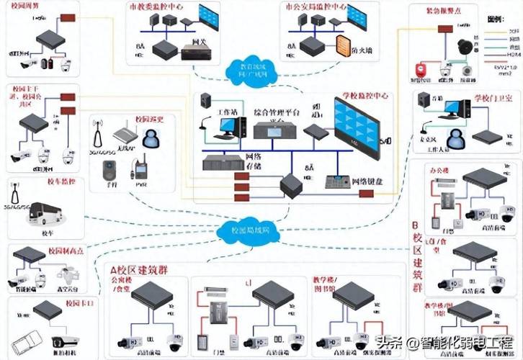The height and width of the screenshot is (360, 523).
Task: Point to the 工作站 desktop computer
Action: [x=228, y=127]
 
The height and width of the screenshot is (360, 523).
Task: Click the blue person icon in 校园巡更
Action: [x=151, y=136]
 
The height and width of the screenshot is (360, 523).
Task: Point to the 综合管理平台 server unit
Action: [x=271, y=130]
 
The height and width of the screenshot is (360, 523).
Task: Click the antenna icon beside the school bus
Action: [x=14, y=193]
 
